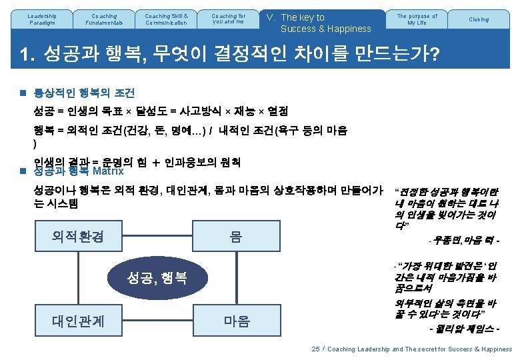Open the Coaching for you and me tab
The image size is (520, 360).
click(228, 19)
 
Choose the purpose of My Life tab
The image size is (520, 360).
click(417, 19)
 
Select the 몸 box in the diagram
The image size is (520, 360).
click(236, 237)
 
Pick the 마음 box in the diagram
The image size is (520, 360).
click(236, 321)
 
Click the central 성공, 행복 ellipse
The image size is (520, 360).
click(157, 278)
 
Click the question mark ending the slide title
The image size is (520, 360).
click(434, 54)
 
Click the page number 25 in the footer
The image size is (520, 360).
click(315, 349)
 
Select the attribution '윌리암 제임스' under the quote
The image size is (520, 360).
click(467, 329)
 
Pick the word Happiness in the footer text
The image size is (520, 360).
click(492, 349)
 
